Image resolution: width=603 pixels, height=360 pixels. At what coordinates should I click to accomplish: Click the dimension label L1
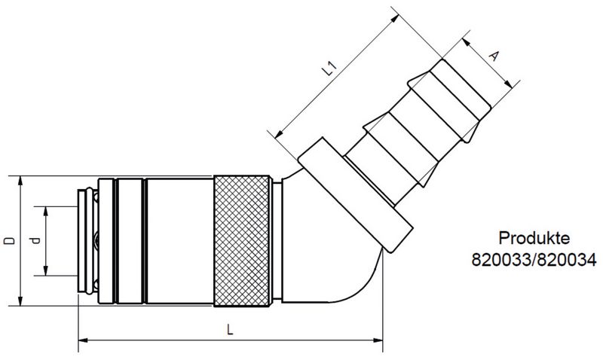point(329,72)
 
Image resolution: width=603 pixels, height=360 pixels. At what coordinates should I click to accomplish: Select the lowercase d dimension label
point(33,241)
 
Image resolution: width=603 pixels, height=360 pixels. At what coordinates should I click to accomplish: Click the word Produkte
point(534,239)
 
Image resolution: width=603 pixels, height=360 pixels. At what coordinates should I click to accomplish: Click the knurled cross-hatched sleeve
point(242,241)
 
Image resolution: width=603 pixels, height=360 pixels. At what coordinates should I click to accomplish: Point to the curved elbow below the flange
point(354,279)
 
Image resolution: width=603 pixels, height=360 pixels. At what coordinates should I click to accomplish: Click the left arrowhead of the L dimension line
point(82,341)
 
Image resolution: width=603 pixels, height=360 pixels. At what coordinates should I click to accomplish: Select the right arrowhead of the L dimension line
point(381,341)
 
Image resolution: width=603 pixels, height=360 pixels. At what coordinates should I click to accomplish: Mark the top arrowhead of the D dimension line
point(20,179)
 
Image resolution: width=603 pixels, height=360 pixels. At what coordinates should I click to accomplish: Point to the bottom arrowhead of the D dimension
point(20,303)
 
